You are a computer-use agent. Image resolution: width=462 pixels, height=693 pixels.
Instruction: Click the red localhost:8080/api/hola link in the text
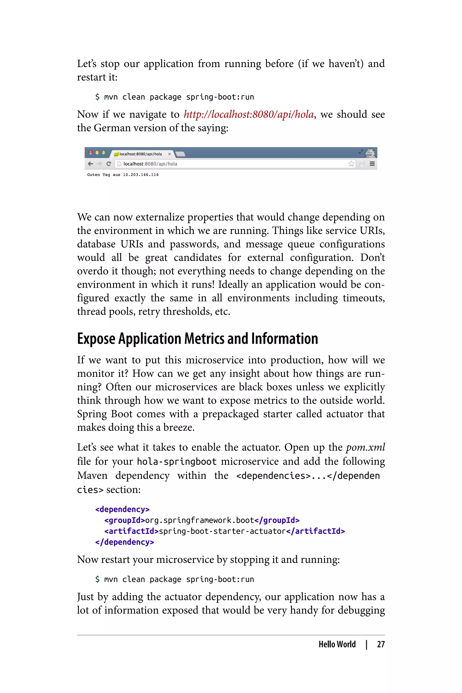click(248, 114)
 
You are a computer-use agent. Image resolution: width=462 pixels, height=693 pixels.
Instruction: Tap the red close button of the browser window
click(90, 153)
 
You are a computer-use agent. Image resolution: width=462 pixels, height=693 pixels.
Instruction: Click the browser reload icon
click(109, 164)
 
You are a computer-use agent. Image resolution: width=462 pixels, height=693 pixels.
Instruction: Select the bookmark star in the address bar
click(351, 164)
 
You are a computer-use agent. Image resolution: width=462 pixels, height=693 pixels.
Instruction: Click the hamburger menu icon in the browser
click(372, 164)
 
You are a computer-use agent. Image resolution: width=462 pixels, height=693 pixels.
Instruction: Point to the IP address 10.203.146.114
click(141, 175)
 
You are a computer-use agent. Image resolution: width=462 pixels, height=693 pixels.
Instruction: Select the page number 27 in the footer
click(381, 644)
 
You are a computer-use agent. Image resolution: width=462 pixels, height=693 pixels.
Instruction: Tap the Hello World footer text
click(337, 644)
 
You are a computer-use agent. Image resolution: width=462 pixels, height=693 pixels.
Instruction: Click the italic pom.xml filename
click(365, 447)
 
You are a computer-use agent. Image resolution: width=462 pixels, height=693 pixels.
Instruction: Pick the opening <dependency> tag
click(122, 509)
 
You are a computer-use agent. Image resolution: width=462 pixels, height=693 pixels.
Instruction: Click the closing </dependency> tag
click(124, 542)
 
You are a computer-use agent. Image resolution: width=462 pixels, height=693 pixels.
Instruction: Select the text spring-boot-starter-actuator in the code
click(222, 531)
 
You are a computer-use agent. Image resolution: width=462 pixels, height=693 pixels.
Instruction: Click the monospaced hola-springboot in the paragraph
click(177, 461)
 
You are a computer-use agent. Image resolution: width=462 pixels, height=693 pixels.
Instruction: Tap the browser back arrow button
click(90, 164)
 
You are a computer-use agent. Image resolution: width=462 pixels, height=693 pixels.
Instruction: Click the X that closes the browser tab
click(169, 154)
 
